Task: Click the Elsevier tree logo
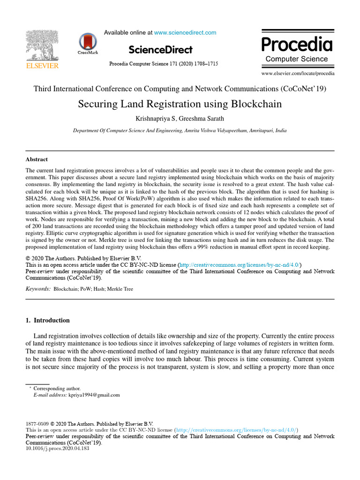(x=42, y=45)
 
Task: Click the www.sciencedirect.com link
(x=185, y=33)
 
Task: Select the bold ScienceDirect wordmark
(x=160, y=50)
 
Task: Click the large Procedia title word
(x=297, y=45)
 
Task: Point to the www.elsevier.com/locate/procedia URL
(x=298, y=74)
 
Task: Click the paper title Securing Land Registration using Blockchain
(x=180, y=104)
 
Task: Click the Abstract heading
(x=37, y=159)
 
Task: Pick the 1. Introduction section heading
(x=47, y=321)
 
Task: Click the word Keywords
(x=37, y=289)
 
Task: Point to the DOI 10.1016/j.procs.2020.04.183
(x=57, y=448)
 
